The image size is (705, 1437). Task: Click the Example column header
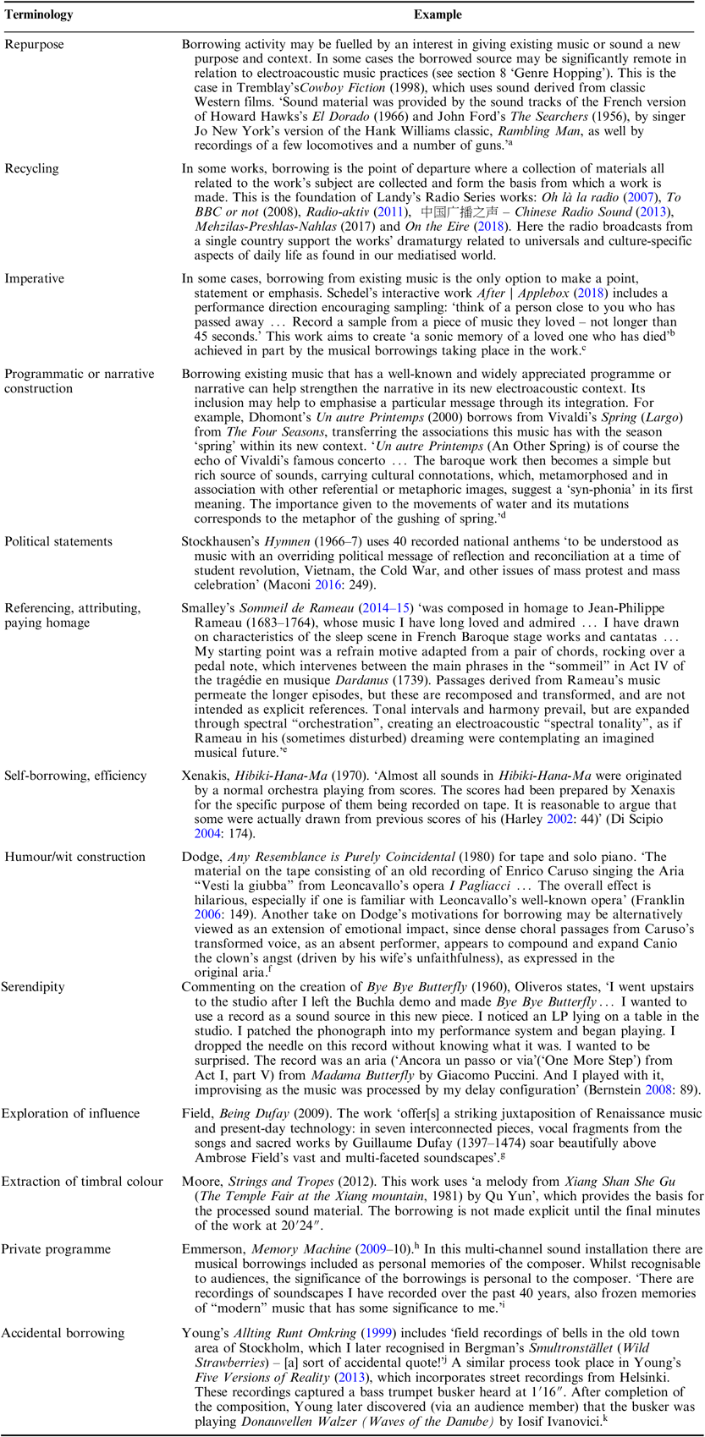[438, 15]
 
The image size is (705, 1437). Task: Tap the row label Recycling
[31, 169]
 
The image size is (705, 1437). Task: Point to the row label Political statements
[58, 541]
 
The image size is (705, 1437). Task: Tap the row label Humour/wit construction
[75, 857]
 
